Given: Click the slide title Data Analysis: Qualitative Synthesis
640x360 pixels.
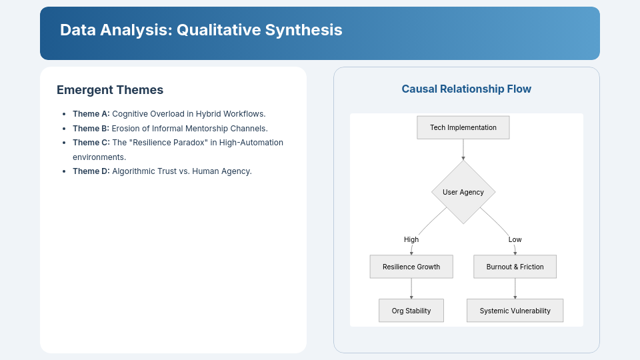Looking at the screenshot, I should (x=201, y=30).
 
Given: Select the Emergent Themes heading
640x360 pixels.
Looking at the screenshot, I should (x=110, y=90).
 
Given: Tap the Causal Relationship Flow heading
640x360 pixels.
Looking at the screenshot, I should (x=466, y=89).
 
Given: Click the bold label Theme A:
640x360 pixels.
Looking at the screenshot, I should (x=91, y=114).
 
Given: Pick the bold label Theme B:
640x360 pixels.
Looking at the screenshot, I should (x=91, y=129).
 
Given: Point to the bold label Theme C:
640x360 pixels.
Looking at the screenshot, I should (x=91, y=143).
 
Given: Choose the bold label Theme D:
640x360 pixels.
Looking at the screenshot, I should (x=91, y=171).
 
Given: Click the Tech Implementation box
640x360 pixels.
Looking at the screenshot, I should (x=463, y=127).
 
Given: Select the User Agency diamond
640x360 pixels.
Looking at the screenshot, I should (x=463, y=192).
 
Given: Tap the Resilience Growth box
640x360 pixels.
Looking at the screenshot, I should (x=411, y=267).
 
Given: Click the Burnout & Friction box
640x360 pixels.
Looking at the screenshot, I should (x=515, y=267).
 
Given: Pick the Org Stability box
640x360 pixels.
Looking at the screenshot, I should (x=411, y=311).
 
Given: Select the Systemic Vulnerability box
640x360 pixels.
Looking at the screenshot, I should (x=515, y=311).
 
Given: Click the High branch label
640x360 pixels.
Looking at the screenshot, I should (x=411, y=239).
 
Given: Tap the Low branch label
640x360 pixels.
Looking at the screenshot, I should (x=515, y=239).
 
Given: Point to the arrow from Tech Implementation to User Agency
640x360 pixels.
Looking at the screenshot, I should (x=463, y=149).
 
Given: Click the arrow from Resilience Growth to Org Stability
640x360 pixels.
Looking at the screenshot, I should (x=411, y=288).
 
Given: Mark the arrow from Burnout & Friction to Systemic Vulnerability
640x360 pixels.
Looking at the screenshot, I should (x=515, y=288).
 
